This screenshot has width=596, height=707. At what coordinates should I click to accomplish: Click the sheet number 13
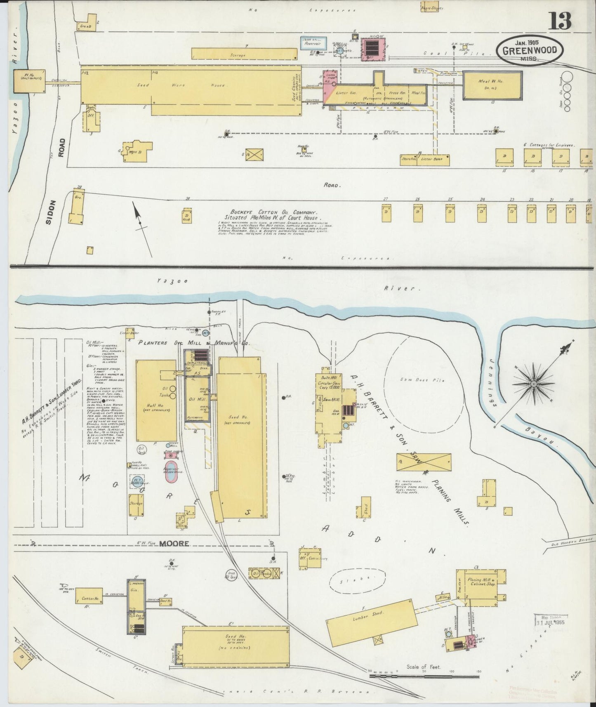[560, 20]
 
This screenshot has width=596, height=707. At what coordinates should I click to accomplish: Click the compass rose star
[533, 384]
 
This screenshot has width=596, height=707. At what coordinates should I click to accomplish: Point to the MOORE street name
[174, 543]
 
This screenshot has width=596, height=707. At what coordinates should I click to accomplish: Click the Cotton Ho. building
[88, 599]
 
